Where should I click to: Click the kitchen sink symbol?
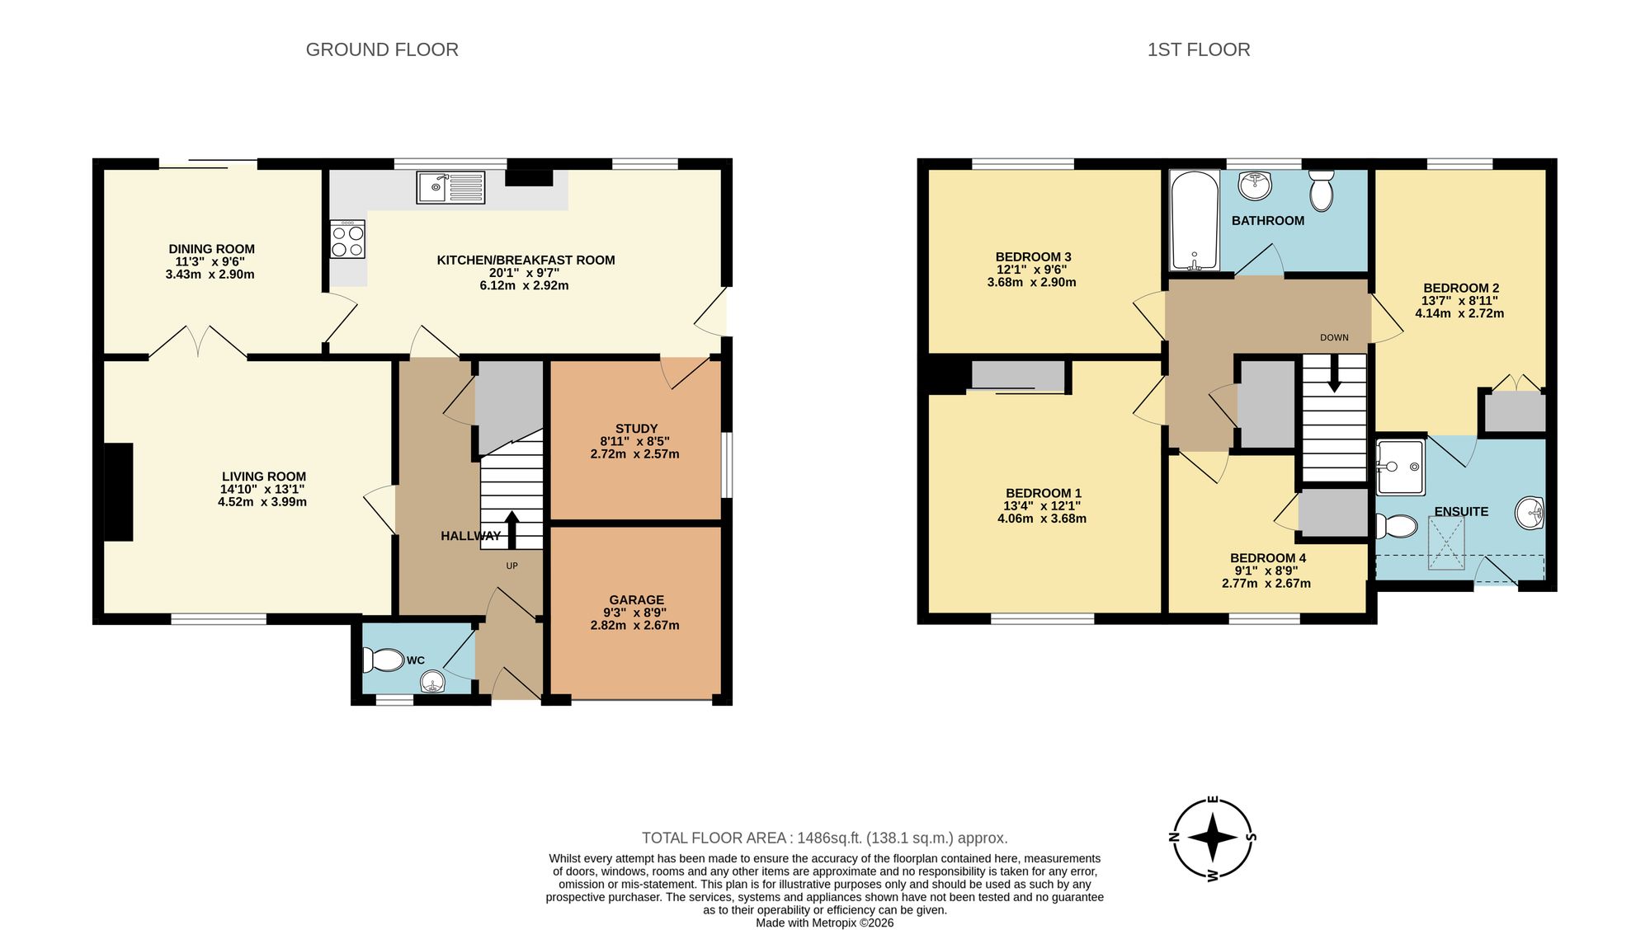point(450,188)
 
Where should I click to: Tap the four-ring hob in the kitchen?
point(347,240)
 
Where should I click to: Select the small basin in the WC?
point(433,682)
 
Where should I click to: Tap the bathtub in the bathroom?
point(1194,220)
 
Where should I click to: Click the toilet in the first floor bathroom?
point(1321,190)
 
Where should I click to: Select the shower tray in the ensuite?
point(1400,467)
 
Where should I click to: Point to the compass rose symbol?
point(1213,838)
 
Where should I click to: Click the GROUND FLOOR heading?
point(382,49)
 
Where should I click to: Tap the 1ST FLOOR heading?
point(1198,49)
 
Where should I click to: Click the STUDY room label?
point(636,429)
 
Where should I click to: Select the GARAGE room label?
point(636,600)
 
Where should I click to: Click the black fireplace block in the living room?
point(118,491)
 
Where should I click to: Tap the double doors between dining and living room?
point(198,342)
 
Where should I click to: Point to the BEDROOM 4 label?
point(1267,558)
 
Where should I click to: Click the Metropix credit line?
point(824,923)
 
